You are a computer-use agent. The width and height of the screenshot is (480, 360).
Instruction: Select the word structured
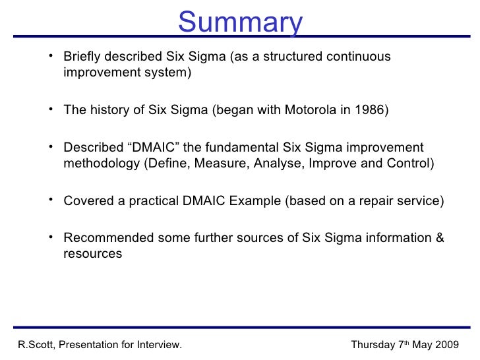[x=301, y=57]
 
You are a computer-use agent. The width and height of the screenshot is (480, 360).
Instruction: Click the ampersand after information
[x=440, y=238]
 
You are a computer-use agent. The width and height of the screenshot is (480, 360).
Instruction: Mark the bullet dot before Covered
[x=51, y=199]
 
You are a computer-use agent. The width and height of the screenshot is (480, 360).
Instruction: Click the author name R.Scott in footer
[x=34, y=344]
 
